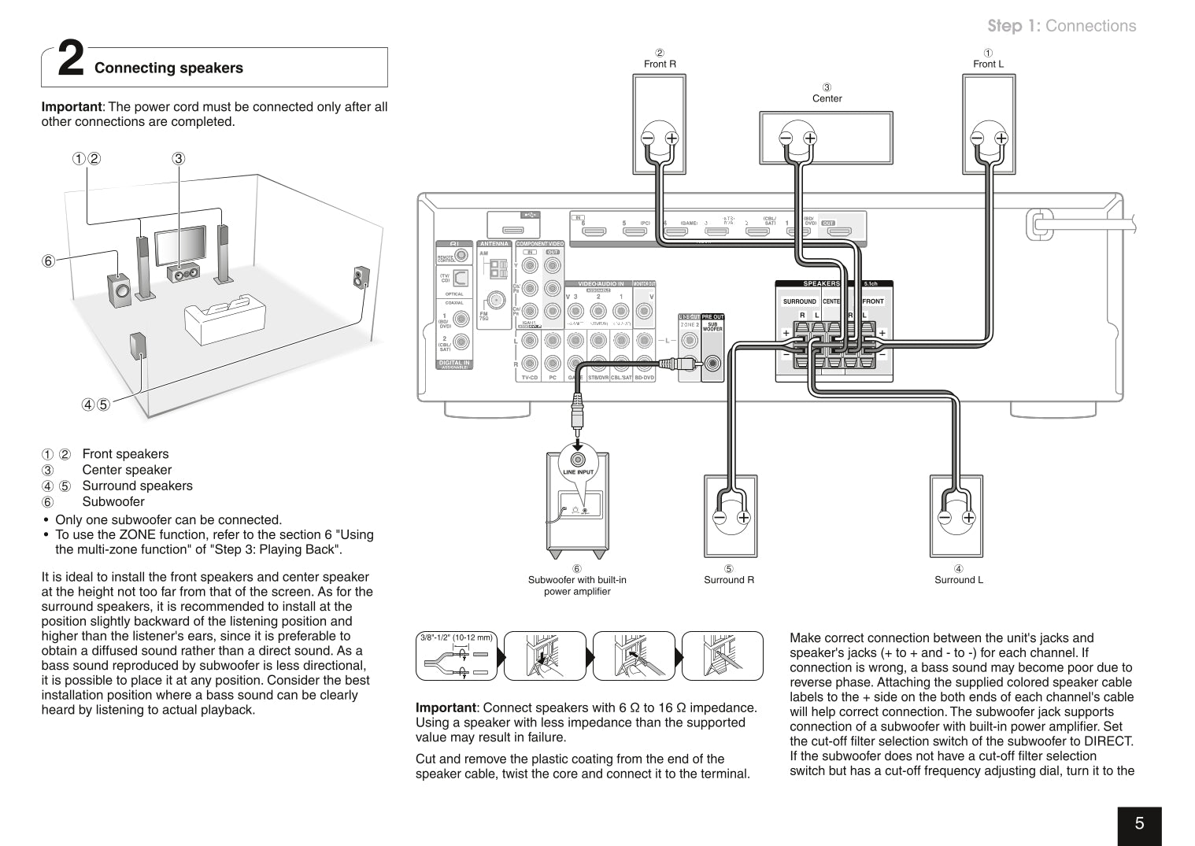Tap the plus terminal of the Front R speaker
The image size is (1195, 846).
[x=671, y=138]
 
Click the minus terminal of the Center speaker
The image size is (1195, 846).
[x=786, y=138]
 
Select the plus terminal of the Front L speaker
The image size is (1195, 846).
[x=1001, y=138]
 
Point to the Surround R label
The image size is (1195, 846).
[x=729, y=580]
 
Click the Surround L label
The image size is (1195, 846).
[x=958, y=580]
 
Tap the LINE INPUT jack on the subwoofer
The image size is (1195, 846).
[x=578, y=459]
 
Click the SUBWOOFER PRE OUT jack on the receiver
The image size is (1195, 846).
[x=712, y=363]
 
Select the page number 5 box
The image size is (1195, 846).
[x=1139, y=824]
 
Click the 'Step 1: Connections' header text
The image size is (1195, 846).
[x=1062, y=26]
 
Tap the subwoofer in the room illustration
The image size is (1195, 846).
[x=120, y=289]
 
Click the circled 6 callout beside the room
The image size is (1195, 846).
[x=49, y=261]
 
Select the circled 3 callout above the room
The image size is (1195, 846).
[x=179, y=158]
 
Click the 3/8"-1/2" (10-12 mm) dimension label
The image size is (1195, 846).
[x=456, y=637]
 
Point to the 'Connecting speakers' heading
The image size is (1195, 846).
[x=168, y=68]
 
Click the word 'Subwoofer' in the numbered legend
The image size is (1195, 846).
[x=113, y=502]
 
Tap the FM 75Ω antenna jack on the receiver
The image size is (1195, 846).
[x=496, y=301]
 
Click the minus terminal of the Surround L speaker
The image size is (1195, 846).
[x=945, y=517]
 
